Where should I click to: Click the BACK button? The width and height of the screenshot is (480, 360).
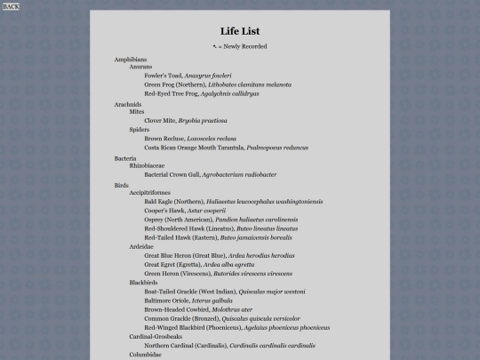tap(11, 6)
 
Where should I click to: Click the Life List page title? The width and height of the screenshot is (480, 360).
tap(240, 31)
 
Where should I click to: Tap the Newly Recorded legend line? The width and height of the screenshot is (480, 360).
tap(240, 46)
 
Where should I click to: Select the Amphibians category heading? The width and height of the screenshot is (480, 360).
tap(130, 59)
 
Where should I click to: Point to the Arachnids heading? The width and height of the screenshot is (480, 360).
tap(128, 104)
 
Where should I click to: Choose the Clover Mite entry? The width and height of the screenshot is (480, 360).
tap(188, 120)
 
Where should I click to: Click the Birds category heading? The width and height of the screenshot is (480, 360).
tap(122, 185)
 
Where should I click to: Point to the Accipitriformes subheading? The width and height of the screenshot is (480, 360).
tap(149, 193)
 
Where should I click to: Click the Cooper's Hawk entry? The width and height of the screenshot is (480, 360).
tap(185, 211)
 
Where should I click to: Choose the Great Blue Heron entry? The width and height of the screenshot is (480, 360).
tap(220, 255)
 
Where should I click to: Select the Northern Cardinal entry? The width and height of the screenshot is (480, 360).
tap(229, 345)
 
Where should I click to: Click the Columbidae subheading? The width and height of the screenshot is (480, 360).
tap(146, 354)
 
